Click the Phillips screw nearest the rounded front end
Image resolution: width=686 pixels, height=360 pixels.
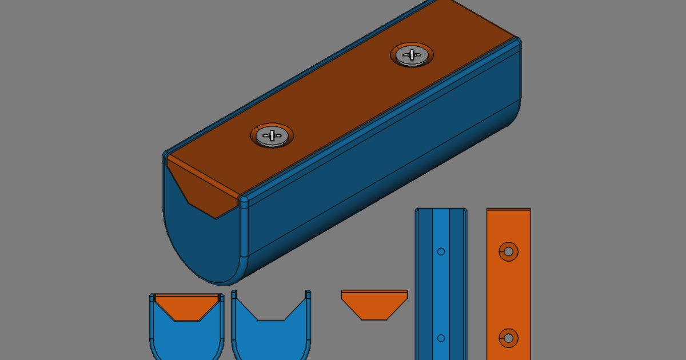point(273,135)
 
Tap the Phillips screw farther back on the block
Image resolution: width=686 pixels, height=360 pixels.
point(412,55)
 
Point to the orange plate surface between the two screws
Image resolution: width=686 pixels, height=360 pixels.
point(343,97)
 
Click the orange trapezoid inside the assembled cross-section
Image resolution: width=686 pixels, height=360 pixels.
point(187,306)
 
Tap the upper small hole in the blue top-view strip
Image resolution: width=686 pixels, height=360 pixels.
point(441,251)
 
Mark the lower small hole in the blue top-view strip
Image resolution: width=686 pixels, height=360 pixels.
point(441,338)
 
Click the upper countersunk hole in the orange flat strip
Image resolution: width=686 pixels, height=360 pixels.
point(508,251)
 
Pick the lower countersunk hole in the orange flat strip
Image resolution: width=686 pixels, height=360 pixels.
point(508,338)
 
